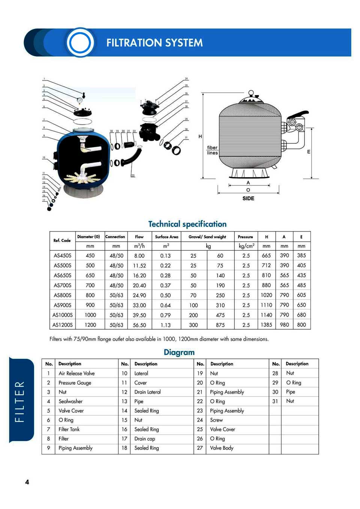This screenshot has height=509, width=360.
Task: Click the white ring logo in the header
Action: [x=80, y=42]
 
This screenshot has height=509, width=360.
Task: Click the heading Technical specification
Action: [x=187, y=224]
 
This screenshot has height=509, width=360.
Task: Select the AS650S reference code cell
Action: [x=62, y=275]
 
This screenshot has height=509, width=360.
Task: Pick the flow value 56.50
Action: [x=139, y=325]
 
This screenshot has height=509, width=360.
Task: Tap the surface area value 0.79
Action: [x=165, y=315]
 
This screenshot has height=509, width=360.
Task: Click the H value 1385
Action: [x=266, y=325]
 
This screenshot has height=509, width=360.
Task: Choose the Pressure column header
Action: [x=245, y=237]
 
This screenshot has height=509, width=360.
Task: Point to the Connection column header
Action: [x=115, y=237]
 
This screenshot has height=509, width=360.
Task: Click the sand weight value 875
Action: [x=220, y=325]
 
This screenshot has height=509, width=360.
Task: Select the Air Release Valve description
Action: [x=76, y=373]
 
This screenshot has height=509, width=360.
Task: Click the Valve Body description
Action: [x=222, y=448]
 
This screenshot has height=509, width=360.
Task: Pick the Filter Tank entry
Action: [x=69, y=429]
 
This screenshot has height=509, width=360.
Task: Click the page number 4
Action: [x=27, y=482]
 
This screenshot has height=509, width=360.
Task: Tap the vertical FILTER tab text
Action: [x=20, y=401]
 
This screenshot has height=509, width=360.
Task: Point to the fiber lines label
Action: [x=212, y=150]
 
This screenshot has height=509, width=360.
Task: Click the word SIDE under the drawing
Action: [x=248, y=198]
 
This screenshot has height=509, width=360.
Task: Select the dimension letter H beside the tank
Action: [x=200, y=136]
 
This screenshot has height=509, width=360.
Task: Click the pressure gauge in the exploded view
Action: [x=79, y=100]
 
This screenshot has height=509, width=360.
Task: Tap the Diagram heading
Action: [x=179, y=352]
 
